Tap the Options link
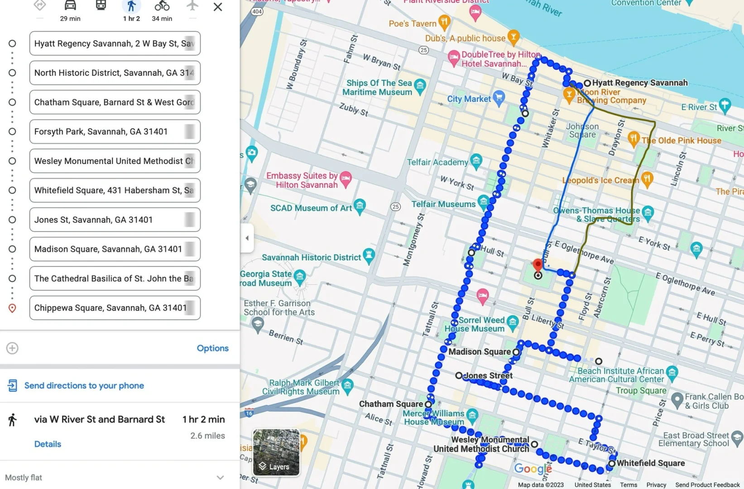point(212,348)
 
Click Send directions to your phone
point(84,386)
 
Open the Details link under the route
point(48,444)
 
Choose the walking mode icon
point(131,6)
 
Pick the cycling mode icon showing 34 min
point(162,6)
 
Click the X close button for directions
point(218,7)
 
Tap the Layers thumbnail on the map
point(276,452)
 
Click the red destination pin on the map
point(538,265)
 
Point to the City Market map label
point(469,99)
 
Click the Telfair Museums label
point(443,204)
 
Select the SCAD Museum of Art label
point(311,208)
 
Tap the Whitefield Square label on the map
point(650,463)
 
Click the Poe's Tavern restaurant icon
point(444,21)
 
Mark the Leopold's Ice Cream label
point(600,181)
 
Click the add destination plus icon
point(12,348)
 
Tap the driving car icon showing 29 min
point(70,6)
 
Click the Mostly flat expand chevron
point(220,478)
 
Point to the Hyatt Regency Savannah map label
point(639,83)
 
